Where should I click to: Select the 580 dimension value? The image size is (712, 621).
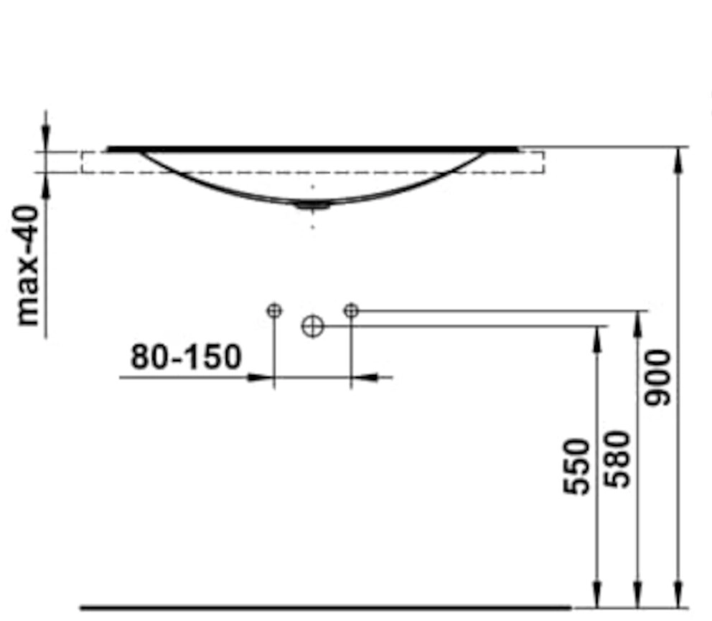(x=618, y=459)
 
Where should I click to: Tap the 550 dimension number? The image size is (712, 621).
(x=576, y=466)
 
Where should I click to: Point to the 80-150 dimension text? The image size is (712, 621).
(x=186, y=356)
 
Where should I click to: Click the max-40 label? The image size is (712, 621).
(x=27, y=265)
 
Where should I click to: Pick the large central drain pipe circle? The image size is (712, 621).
(x=312, y=326)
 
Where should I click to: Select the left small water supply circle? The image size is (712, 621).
(x=273, y=310)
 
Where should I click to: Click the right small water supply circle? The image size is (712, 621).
(x=351, y=310)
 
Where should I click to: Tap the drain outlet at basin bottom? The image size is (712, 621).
(x=312, y=207)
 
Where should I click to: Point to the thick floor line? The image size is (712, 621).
(x=326, y=607)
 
